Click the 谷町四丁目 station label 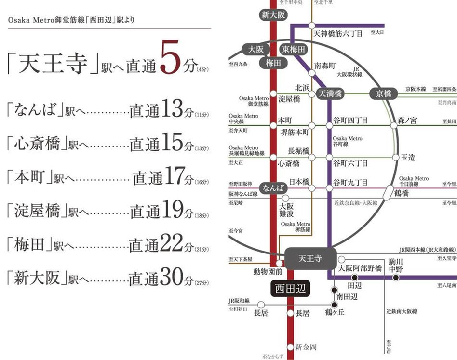(x=350, y=120)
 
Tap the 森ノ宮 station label (x=407, y=120)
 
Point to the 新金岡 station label (x=306, y=347)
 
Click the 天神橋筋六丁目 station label (x=341, y=34)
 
